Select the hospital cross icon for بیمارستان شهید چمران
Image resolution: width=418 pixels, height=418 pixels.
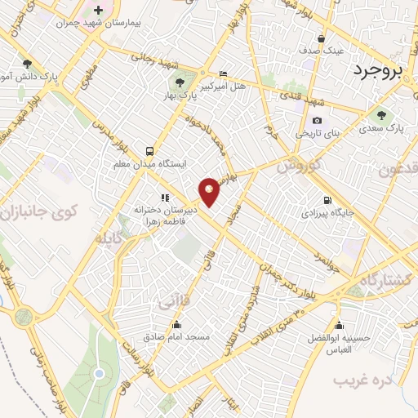99,11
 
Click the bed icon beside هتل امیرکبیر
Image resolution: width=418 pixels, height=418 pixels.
224,73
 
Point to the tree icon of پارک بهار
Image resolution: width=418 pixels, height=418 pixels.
179,82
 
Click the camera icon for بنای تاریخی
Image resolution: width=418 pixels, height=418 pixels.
317,120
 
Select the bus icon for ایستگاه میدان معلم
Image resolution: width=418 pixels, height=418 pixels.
149,151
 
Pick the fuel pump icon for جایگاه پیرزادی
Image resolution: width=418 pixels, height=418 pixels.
328,200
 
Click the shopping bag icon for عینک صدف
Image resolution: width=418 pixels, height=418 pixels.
322,38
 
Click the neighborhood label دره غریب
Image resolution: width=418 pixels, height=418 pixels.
362,380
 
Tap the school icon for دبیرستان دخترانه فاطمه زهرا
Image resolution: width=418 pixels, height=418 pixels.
165,198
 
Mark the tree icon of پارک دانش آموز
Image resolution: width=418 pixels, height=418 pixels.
28,64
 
